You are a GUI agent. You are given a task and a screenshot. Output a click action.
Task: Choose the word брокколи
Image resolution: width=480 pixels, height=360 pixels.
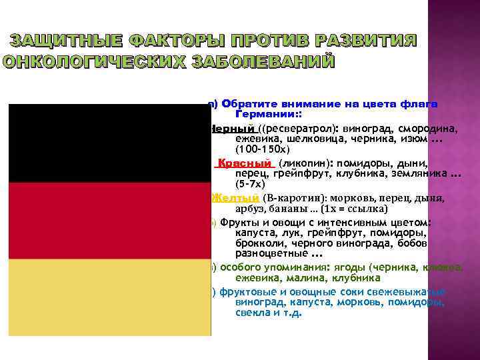260,243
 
